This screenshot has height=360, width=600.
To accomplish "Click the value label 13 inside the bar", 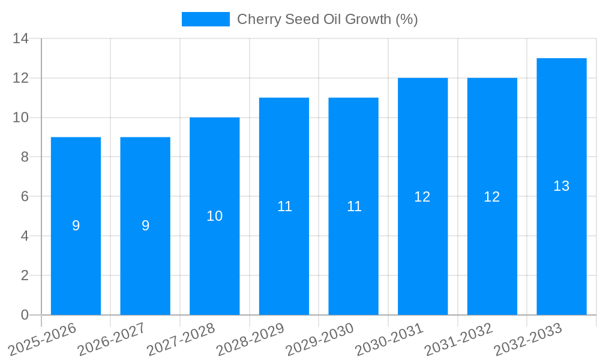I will point(562,187).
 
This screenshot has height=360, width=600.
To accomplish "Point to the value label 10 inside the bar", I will point(215,217).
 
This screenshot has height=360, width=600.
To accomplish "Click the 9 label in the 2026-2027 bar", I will point(145,226).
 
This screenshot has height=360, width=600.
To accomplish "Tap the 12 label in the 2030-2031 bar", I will point(422,197).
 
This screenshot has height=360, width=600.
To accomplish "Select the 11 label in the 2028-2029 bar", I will point(284,206).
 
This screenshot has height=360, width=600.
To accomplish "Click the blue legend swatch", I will point(205,19).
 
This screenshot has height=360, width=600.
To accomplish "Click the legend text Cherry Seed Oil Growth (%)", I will point(327,19).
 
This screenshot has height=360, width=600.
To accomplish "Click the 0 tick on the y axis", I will point(25,315).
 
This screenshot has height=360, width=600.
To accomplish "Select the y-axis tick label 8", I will point(25,157).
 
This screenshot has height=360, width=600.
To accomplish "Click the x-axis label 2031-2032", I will point(459,339).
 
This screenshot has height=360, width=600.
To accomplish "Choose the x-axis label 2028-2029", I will point(251,339).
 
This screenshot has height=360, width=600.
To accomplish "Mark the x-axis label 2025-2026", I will point(43,339).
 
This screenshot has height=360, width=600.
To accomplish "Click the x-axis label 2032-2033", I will point(528,339).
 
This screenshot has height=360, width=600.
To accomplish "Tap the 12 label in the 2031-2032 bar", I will point(492,197).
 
